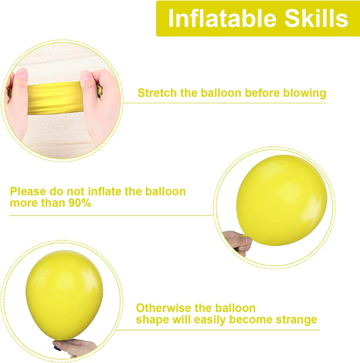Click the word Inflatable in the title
[x=222, y=18]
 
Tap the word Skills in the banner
[x=316, y=18]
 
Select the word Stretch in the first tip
[x=157, y=93]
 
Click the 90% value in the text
[x=80, y=203]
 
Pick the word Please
[x=28, y=192]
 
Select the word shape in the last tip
[x=153, y=320]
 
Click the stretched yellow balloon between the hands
[x=55, y=98]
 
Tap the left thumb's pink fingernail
[x=22, y=74]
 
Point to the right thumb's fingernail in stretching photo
[x=85, y=76]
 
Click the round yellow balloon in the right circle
[x=282, y=200]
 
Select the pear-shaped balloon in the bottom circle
[x=64, y=295]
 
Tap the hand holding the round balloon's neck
[x=238, y=243]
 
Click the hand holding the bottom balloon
[x=75, y=348]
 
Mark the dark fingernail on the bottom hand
[x=57, y=348]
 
